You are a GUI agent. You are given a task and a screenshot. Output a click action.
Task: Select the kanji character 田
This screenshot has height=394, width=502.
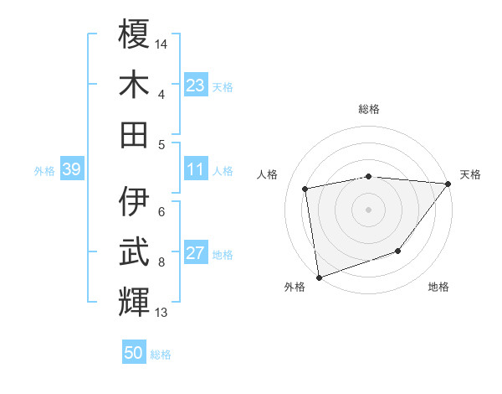click(134, 133)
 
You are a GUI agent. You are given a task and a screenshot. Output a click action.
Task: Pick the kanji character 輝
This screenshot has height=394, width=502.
click(134, 300)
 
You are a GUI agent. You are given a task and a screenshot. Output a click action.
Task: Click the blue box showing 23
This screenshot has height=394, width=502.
click(196, 86)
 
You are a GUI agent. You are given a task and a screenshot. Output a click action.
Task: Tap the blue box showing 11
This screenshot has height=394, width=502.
click(196, 170)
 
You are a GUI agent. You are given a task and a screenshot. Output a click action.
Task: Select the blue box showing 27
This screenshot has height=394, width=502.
click(196, 254)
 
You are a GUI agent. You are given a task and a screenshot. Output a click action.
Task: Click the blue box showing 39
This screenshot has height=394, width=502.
click(71, 170)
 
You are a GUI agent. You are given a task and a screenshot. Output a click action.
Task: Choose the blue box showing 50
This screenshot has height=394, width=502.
click(134, 353)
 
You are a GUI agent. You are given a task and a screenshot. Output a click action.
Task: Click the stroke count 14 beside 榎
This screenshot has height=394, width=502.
click(161, 42)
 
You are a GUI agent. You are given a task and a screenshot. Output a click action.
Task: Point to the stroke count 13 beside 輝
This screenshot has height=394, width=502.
click(161, 313)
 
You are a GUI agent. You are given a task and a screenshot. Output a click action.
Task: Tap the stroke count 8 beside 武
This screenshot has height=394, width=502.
click(161, 262)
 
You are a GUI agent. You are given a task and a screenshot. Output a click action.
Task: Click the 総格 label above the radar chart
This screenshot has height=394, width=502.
click(368, 109)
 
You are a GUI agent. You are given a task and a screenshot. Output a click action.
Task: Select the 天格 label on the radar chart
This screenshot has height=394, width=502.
click(470, 174)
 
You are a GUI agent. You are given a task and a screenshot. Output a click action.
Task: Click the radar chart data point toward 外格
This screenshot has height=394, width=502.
click(319, 277)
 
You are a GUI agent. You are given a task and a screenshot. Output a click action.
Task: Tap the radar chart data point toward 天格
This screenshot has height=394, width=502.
click(448, 184)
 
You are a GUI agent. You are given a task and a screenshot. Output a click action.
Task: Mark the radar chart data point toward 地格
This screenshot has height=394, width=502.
click(399, 251)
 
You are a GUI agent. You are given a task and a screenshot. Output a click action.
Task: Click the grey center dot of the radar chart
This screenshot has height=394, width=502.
click(368, 209)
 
